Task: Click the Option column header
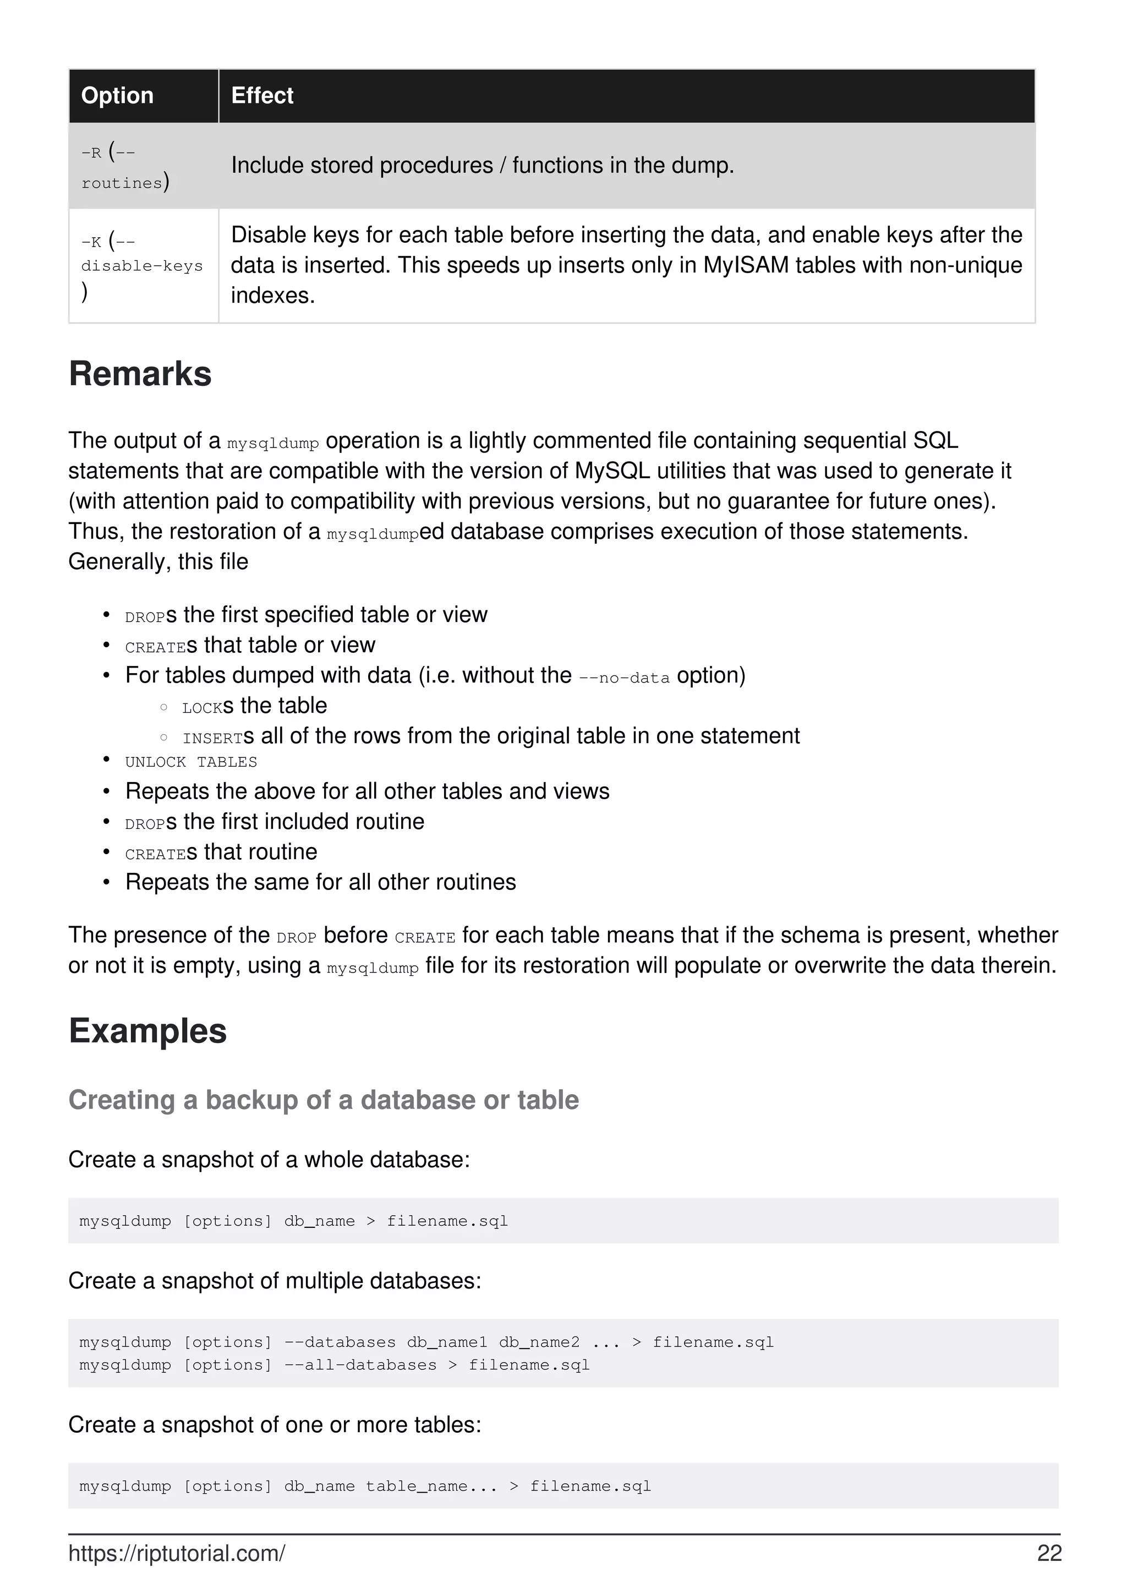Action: tap(117, 95)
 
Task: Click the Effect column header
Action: tap(262, 95)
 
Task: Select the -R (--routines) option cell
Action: tap(125, 167)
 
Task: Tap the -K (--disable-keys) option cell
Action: tap(141, 266)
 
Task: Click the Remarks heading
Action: tap(140, 374)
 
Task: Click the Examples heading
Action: tap(147, 1030)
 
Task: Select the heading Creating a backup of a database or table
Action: tap(323, 1100)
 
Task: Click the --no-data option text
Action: tap(623, 678)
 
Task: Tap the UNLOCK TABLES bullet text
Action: tap(191, 762)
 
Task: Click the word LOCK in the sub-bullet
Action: tap(202, 708)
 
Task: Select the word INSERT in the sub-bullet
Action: tap(212, 738)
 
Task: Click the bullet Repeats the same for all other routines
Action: tap(320, 882)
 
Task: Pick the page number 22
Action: tap(1048, 1553)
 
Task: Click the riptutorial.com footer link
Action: tap(177, 1553)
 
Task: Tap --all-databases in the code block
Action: tap(360, 1364)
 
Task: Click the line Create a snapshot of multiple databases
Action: tap(274, 1280)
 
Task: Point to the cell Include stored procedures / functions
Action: tap(482, 165)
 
